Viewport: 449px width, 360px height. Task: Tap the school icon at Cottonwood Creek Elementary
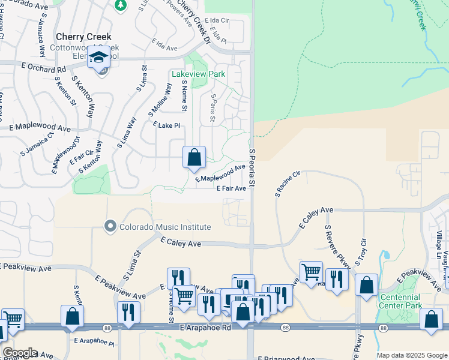[99, 58]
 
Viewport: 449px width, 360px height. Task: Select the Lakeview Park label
[198, 74]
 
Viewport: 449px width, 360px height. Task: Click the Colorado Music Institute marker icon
[110, 227]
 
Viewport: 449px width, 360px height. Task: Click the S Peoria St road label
[253, 167]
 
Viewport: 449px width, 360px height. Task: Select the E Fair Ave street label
[231, 188]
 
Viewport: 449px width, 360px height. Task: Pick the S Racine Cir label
[287, 184]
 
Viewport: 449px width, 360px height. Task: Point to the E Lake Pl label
[166, 125]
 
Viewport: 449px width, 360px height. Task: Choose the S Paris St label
[212, 109]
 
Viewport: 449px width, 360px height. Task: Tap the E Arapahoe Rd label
[205, 328]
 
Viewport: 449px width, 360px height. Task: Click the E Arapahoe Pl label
[94, 341]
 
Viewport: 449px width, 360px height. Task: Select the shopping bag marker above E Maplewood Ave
[194, 157]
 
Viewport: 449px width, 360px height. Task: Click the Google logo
[20, 353]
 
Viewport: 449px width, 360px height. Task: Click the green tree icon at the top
[121, 5]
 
